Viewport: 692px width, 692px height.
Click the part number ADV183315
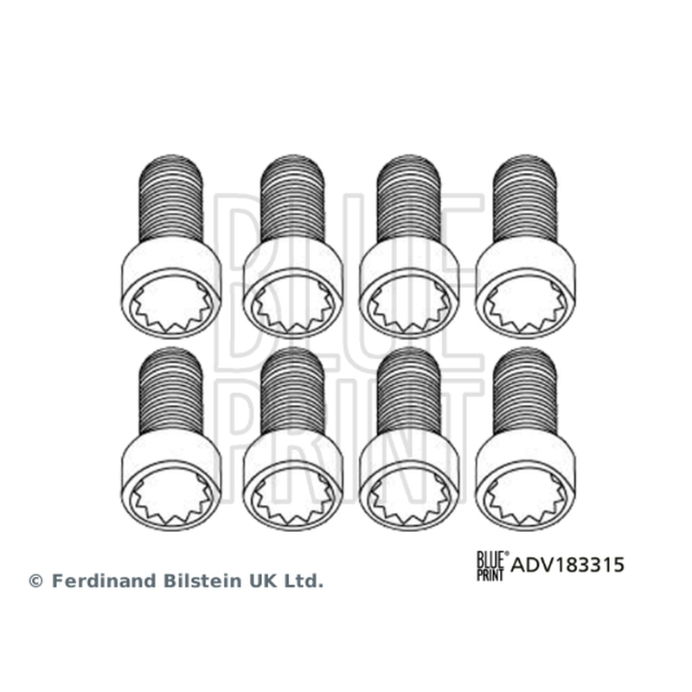tap(567, 565)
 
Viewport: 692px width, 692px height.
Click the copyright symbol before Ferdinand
tap(35, 580)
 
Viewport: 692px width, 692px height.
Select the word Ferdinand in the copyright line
tap(105, 580)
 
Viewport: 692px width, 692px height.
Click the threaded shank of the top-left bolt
tap(170, 199)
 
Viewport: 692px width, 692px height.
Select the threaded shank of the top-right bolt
tap(525, 199)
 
